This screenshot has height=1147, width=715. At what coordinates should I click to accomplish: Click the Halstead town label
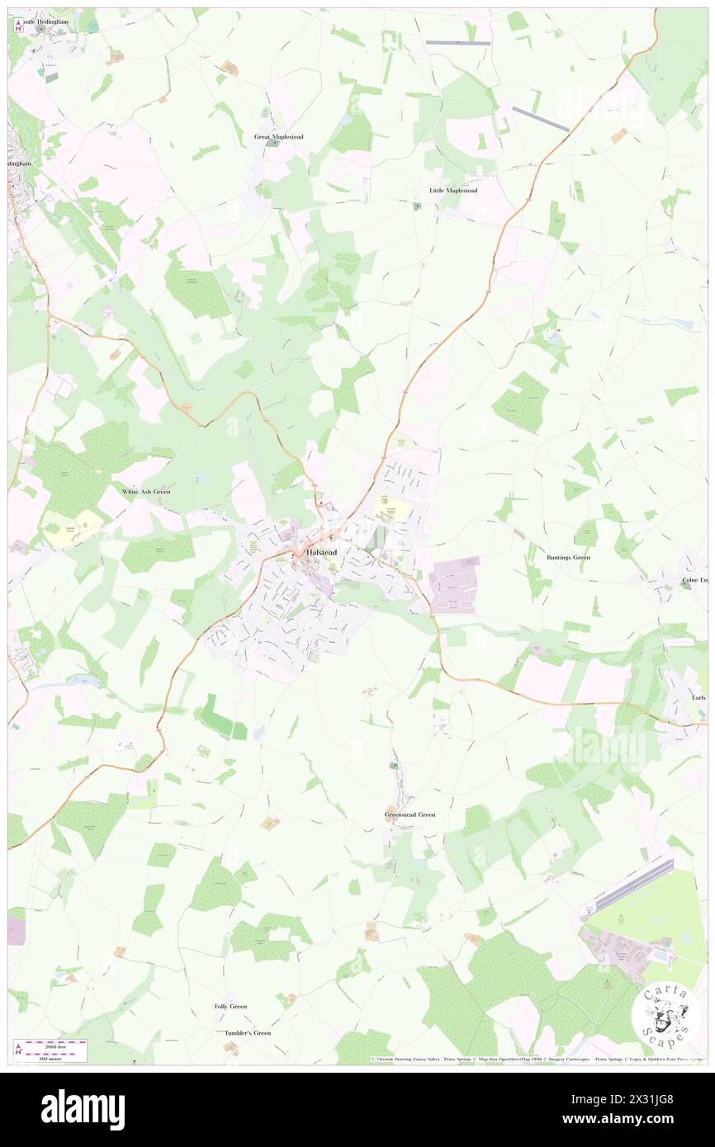click(x=321, y=551)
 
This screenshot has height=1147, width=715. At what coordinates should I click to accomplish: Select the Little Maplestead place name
click(x=453, y=190)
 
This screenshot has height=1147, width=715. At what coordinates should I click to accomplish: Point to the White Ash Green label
click(x=146, y=491)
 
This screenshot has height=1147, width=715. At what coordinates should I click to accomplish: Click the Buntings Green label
click(x=569, y=557)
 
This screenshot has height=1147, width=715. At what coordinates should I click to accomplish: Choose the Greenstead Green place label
click(x=410, y=814)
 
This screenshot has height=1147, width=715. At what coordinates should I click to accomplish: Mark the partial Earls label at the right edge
click(x=698, y=696)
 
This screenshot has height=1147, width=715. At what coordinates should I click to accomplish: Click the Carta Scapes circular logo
click(x=665, y=1014)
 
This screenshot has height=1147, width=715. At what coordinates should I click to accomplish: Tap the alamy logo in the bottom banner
click(x=83, y=1110)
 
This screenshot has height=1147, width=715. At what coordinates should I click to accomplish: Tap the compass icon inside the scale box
click(x=19, y=1049)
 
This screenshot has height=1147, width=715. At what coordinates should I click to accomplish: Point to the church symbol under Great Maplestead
click(x=274, y=144)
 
